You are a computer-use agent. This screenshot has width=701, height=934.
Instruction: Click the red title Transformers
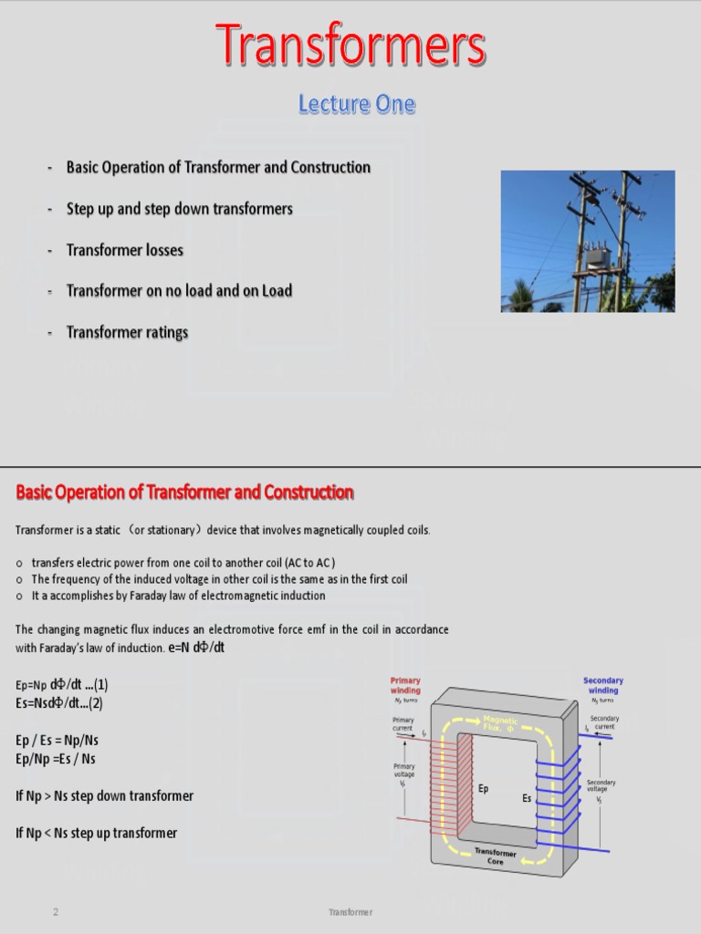click(x=350, y=46)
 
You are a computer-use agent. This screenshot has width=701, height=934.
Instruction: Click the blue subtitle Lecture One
click(x=356, y=105)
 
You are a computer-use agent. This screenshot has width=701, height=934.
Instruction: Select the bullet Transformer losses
click(x=124, y=250)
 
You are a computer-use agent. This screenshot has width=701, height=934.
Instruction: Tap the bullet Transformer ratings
click(x=127, y=332)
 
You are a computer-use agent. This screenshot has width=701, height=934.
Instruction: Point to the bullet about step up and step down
click(x=179, y=209)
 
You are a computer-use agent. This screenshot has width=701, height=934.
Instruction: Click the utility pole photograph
click(x=588, y=241)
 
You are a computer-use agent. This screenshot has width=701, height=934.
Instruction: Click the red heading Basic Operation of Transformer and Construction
click(x=184, y=493)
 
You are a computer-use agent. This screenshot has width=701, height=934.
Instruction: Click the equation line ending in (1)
click(x=62, y=685)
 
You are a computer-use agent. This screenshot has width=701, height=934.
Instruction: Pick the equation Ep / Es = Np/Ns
click(x=57, y=740)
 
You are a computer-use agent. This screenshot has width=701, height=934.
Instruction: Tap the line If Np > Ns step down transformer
click(x=104, y=796)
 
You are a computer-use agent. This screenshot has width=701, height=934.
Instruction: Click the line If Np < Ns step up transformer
click(x=96, y=833)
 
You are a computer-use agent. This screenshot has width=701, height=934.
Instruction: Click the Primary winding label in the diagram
click(x=405, y=686)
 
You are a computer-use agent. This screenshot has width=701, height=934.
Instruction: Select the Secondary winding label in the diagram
click(x=602, y=686)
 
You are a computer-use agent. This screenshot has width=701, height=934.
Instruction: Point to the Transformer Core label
click(x=495, y=856)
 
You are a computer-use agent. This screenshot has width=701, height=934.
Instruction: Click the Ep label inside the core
click(x=484, y=789)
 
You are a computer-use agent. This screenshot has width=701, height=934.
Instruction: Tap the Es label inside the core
click(x=527, y=798)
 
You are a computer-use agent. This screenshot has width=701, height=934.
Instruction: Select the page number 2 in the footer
click(x=56, y=912)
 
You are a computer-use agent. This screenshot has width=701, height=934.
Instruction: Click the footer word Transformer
click(x=350, y=912)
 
